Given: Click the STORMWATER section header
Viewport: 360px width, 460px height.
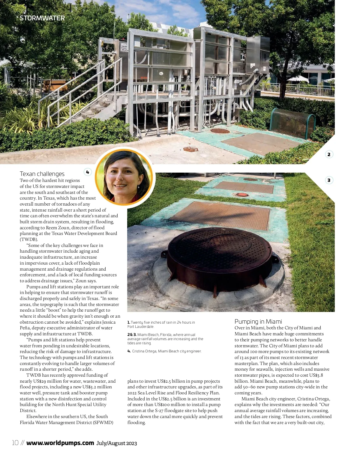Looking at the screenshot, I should point(42,18).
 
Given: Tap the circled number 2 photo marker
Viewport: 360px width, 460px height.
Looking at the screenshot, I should point(329,154).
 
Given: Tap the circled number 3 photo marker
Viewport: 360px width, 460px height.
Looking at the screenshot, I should point(329,180).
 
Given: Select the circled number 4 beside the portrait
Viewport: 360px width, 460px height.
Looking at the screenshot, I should point(88,172).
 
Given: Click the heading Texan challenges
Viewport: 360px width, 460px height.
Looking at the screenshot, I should point(42,174).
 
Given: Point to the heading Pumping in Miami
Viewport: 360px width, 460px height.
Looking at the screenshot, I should point(258,322).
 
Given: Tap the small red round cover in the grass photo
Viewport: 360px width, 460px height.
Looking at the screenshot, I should point(242,194).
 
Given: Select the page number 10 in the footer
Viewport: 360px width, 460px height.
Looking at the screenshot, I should point(15,443).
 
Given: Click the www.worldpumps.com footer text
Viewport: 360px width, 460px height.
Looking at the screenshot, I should point(60,443).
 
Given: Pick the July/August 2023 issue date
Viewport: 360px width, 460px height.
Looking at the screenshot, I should point(116,443).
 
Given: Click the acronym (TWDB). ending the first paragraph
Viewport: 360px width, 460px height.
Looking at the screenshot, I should point(29,239).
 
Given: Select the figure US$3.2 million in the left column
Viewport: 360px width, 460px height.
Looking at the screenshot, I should point(97,387).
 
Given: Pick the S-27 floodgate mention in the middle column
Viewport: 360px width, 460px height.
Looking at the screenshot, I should point(168,411).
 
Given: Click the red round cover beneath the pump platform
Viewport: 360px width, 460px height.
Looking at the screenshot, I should point(220,131).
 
